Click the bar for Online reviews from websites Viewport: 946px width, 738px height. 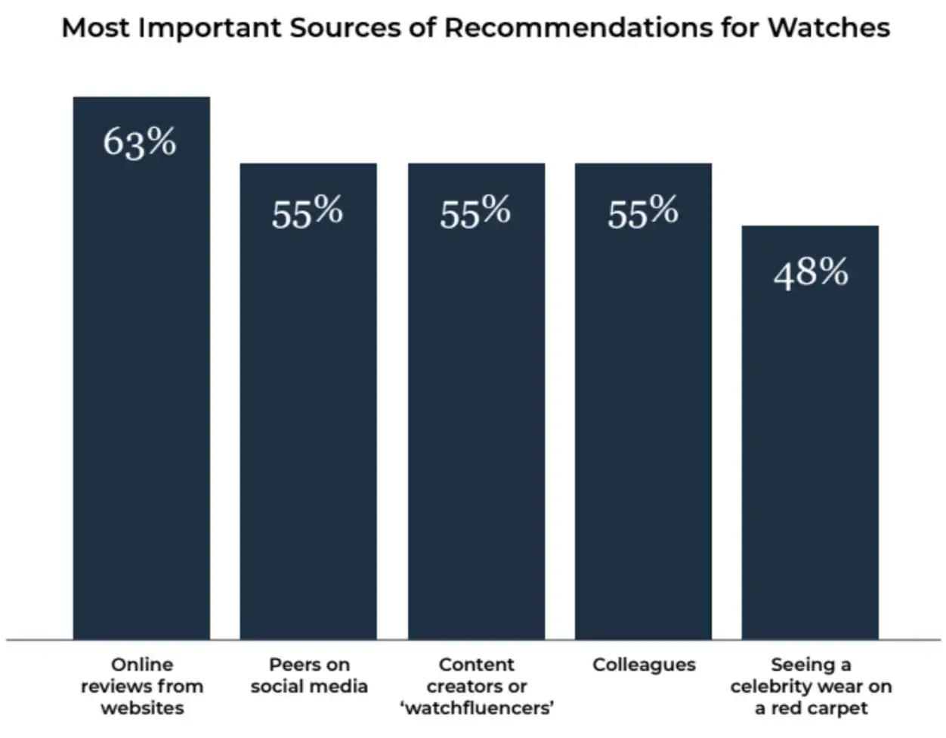pyautogui.click(x=141, y=393)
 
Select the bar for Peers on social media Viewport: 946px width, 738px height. pyautogui.click(x=308, y=423)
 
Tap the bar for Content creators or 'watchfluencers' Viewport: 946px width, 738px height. pyautogui.click(x=476, y=423)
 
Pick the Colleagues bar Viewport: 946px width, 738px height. pyautogui.click(x=643, y=423)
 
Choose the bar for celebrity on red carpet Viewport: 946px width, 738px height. pyautogui.click(x=810, y=454)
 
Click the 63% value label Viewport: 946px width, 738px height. pyautogui.click(x=140, y=142)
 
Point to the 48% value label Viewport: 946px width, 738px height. pyautogui.click(x=811, y=272)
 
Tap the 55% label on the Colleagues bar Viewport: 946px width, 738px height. pyautogui.click(x=643, y=212)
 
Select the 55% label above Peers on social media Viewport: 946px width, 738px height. pyautogui.click(x=308, y=212)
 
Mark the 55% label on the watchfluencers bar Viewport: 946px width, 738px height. pyautogui.click(x=475, y=212)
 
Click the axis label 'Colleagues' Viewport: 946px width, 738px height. pyautogui.click(x=644, y=665)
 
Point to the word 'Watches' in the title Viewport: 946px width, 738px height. pyautogui.click(x=829, y=28)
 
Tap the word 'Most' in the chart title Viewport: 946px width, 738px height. pyautogui.click(x=95, y=28)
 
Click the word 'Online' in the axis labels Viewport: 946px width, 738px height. pyautogui.click(x=142, y=665)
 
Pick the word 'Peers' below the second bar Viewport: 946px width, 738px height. pyautogui.click(x=289, y=665)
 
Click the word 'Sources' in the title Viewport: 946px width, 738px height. pyautogui.click(x=344, y=28)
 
